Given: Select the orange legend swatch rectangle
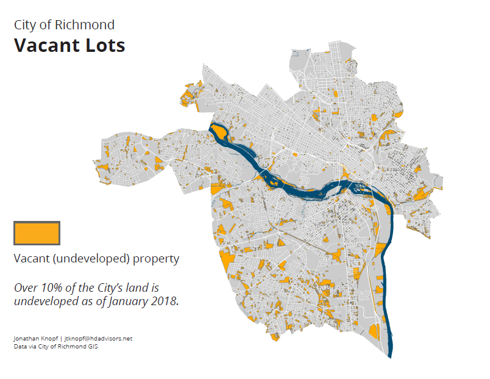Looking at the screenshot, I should point(37,233).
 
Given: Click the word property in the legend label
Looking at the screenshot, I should point(157,259).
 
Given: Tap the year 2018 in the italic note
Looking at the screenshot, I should point(165,301).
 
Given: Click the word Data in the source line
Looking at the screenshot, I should point(19,346).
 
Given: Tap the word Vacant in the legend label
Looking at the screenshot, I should point(31,259).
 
